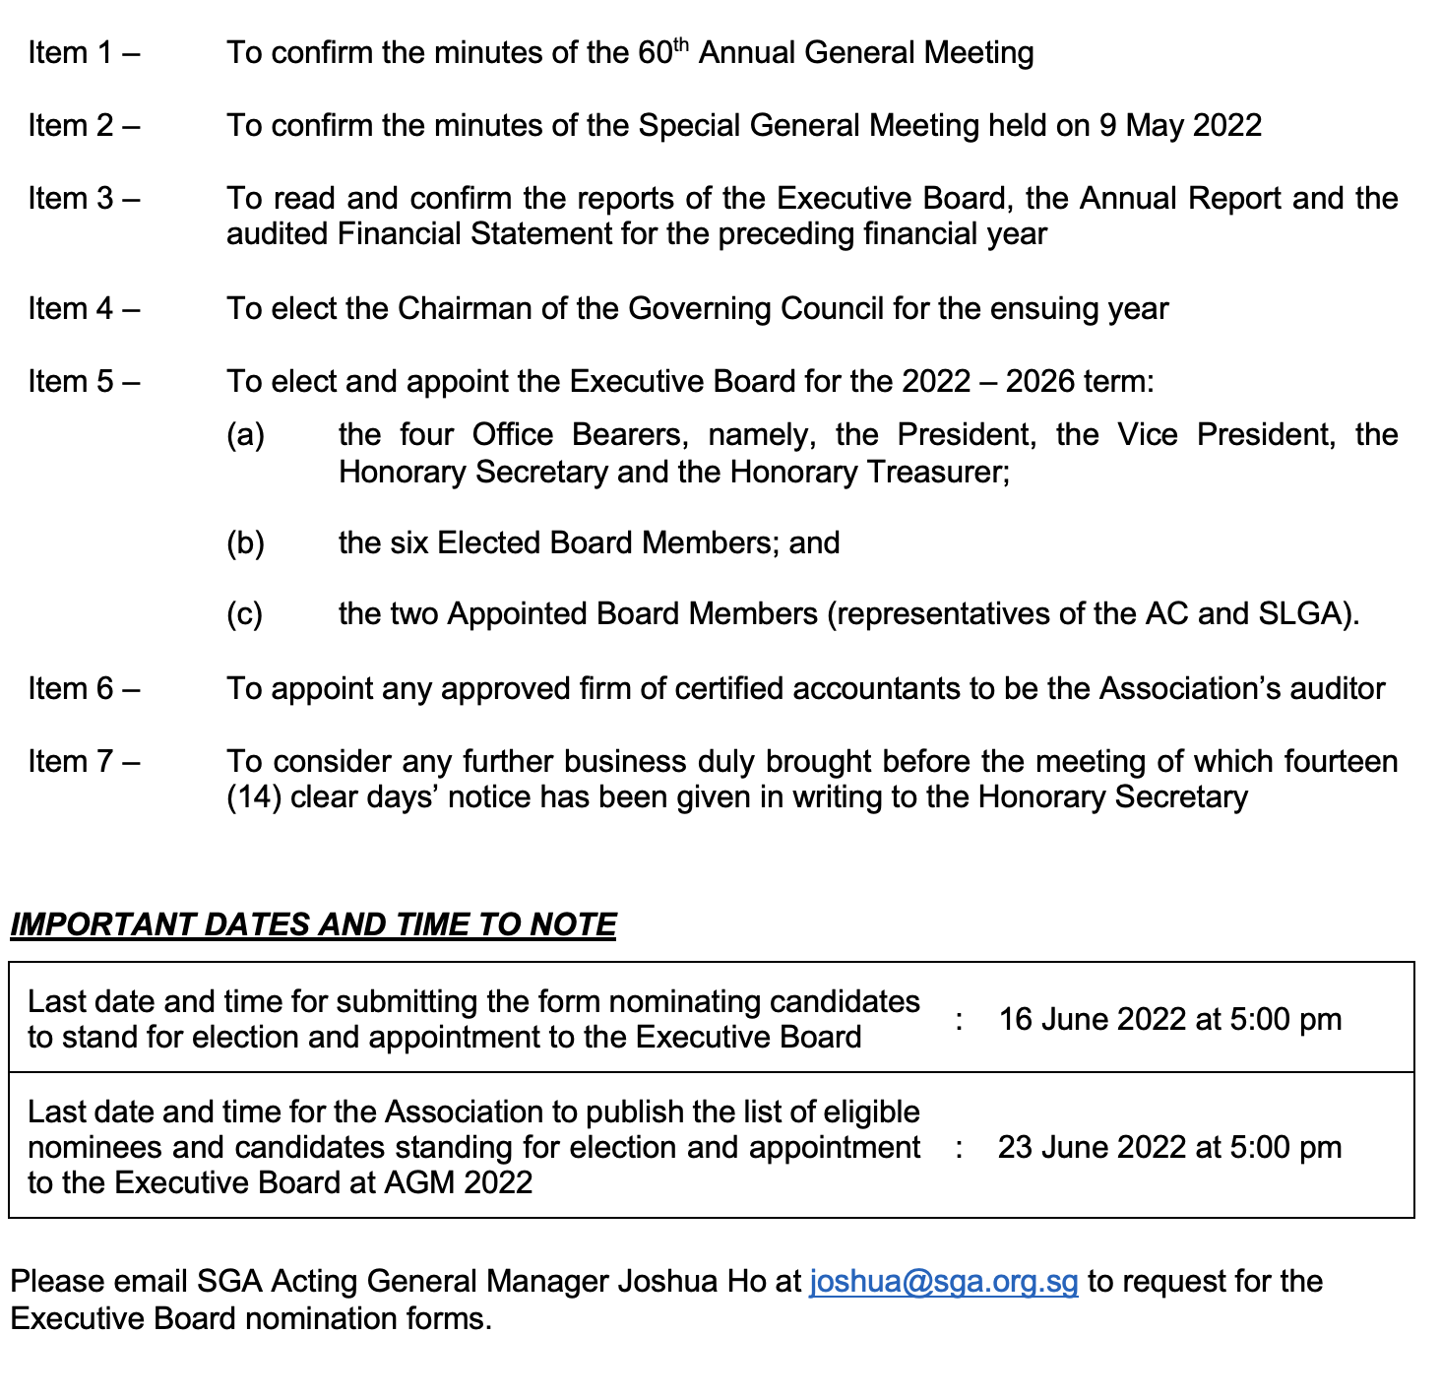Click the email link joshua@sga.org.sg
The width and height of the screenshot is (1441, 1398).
(x=943, y=1282)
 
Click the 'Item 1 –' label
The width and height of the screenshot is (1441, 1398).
(x=84, y=53)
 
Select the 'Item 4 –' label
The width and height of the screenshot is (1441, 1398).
(x=84, y=309)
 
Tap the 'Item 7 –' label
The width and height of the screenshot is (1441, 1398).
(x=84, y=762)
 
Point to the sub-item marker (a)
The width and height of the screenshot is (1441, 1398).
(x=245, y=435)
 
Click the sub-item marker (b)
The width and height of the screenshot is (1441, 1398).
(x=245, y=543)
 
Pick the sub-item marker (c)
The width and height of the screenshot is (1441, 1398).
(x=245, y=614)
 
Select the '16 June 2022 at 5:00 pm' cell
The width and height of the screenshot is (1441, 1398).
(x=1169, y=1019)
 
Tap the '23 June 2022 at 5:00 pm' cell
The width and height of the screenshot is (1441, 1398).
(x=1169, y=1147)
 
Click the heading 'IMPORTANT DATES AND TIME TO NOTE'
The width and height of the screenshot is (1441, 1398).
(x=313, y=924)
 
